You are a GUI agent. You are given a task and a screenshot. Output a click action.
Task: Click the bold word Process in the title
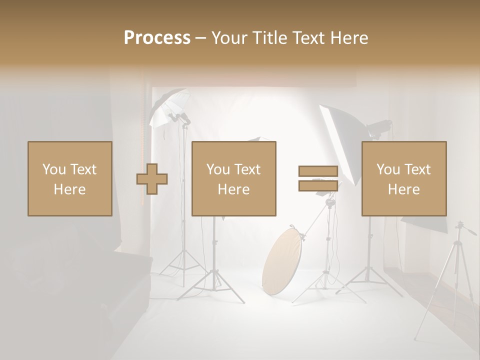(x=157, y=38)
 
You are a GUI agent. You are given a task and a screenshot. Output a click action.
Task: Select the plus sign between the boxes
(x=152, y=179)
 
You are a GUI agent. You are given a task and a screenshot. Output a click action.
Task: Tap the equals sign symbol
(x=318, y=178)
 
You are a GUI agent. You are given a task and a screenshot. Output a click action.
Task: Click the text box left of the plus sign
(x=70, y=179)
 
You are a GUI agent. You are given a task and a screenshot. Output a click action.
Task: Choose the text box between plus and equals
(x=234, y=179)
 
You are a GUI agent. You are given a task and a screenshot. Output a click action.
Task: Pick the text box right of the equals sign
(x=404, y=179)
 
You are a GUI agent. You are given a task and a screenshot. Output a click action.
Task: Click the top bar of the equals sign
(x=318, y=171)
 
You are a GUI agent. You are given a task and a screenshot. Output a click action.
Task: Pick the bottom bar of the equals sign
(x=318, y=185)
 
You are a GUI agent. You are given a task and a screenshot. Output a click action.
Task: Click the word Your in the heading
(x=229, y=38)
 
